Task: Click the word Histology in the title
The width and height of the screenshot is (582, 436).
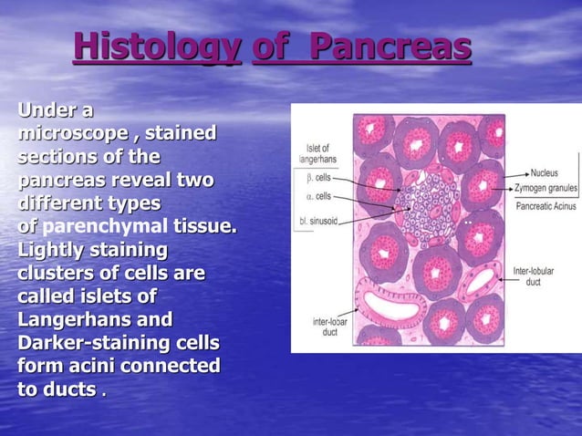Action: [x=156, y=47]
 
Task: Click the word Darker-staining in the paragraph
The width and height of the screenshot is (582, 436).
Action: [x=98, y=343]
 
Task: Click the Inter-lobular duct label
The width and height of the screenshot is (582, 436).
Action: [x=534, y=276]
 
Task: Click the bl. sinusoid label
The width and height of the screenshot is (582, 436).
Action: [x=318, y=220]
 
